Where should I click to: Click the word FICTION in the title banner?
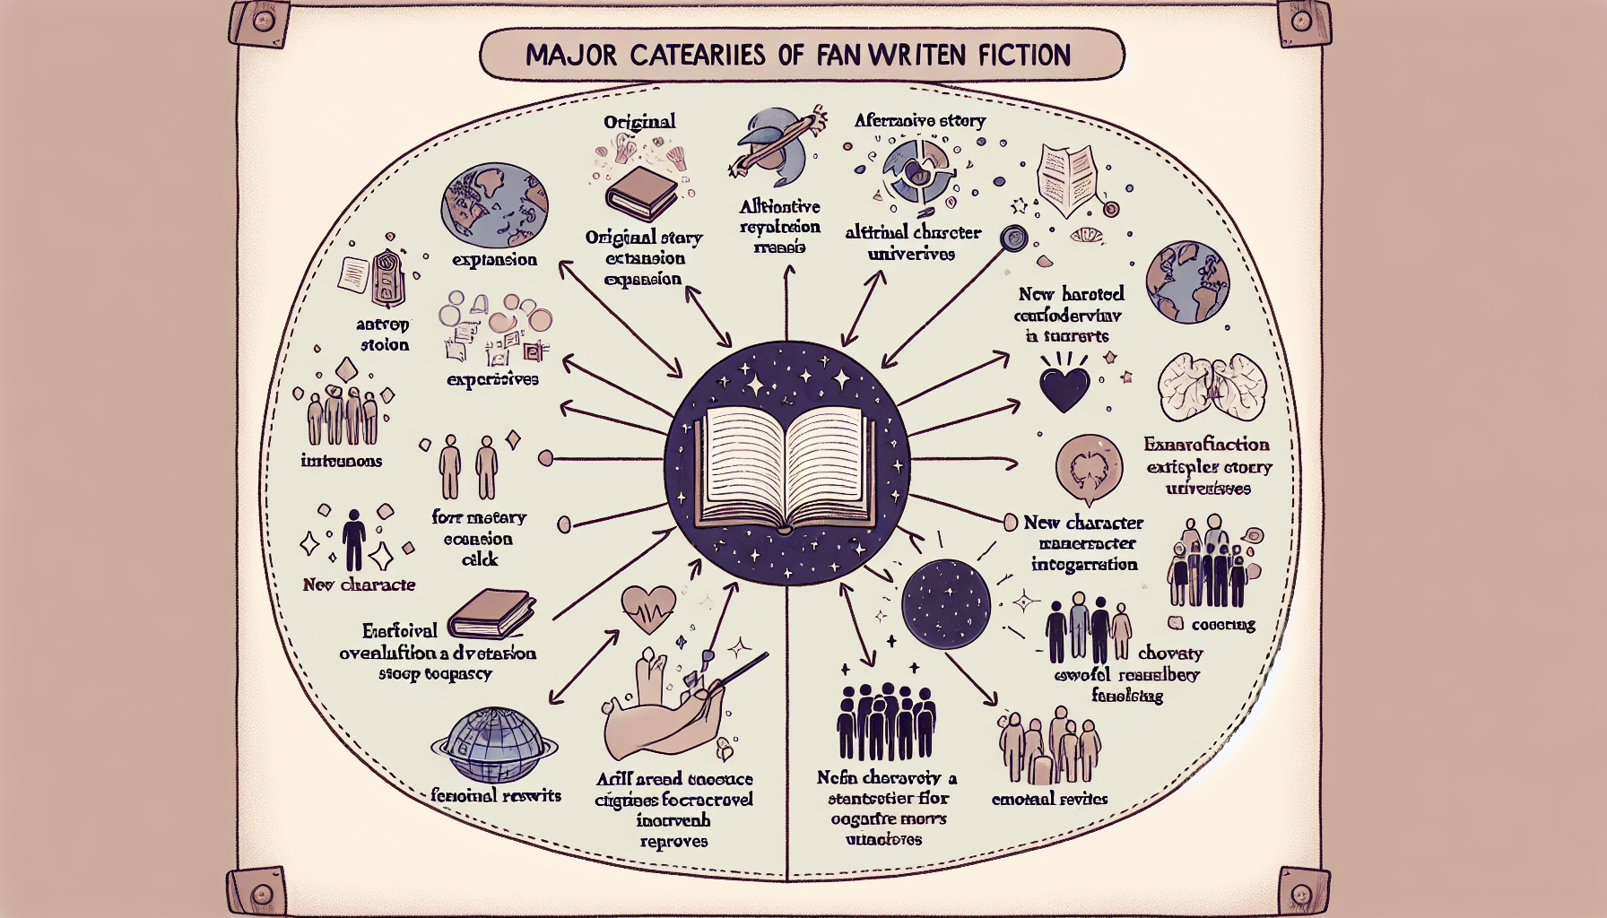(x=1024, y=56)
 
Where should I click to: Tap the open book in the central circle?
(x=786, y=467)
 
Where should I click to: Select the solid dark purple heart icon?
(x=1064, y=386)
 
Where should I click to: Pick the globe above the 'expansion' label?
(x=493, y=205)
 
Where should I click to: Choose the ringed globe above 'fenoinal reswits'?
(x=493, y=746)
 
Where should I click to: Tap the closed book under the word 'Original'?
(x=640, y=193)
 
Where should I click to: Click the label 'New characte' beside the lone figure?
(x=359, y=585)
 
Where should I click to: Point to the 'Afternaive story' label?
(x=919, y=120)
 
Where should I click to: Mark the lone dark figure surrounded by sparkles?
(x=354, y=540)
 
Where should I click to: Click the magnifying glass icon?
(x=1014, y=238)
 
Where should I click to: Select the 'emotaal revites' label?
(x=1049, y=799)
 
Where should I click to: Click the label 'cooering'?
(x=1222, y=624)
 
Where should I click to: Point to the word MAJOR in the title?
(x=570, y=56)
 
